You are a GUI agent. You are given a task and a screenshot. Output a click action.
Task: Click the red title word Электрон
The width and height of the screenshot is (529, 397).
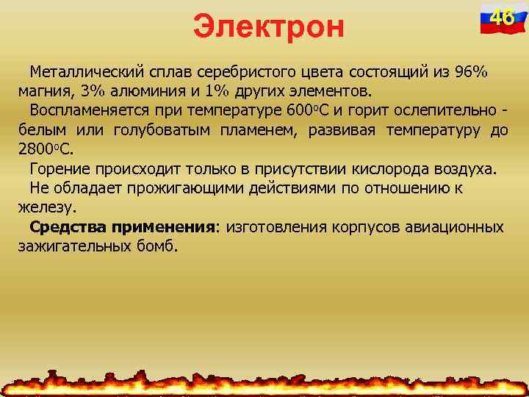(x=268, y=26)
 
